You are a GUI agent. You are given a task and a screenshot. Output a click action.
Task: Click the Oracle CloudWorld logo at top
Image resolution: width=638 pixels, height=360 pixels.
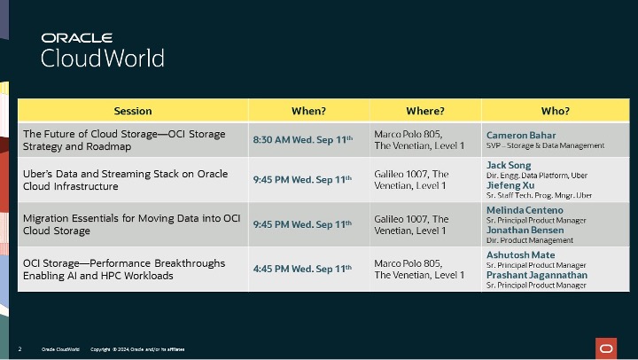pos(103,51)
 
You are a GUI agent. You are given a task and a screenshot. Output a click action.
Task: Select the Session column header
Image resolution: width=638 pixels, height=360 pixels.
pos(133,111)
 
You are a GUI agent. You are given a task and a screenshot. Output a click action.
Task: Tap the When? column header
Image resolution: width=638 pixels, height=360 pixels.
pos(308,111)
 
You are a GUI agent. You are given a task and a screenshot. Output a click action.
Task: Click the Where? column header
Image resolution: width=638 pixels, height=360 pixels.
pos(424,111)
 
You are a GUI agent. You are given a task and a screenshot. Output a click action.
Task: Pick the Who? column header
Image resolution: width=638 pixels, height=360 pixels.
pos(555,111)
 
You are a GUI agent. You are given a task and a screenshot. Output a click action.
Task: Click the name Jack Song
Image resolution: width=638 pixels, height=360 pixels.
pos(510,165)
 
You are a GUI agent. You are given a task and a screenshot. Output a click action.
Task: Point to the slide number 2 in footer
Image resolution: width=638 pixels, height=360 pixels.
pos(19,348)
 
